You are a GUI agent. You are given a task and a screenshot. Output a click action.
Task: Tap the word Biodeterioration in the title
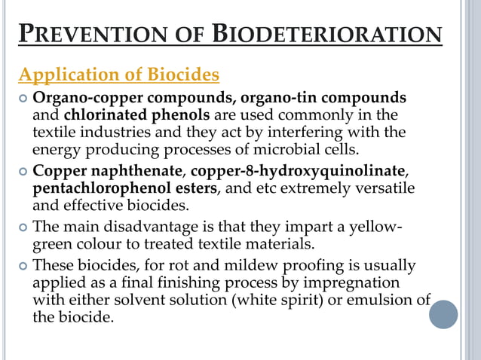(328, 35)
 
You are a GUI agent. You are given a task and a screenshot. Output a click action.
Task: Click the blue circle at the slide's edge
(443, 314)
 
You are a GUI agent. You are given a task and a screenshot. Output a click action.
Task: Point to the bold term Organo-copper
(78, 99)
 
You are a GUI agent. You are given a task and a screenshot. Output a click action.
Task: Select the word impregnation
(352, 282)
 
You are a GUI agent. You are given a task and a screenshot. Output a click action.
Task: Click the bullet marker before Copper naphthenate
(23, 170)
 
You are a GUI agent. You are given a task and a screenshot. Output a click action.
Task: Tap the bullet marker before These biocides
(23, 266)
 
